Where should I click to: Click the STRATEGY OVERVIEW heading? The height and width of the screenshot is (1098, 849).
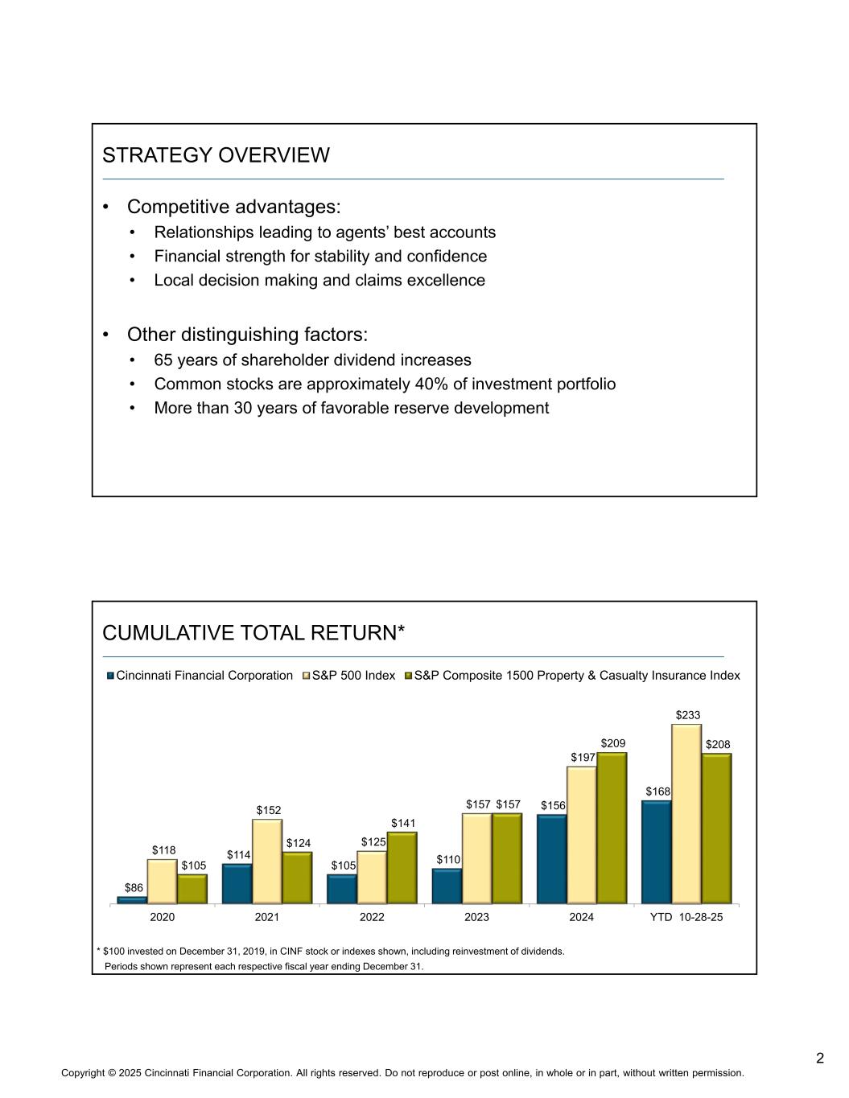pyautogui.click(x=216, y=155)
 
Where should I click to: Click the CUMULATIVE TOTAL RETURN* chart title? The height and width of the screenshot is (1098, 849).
pyautogui.click(x=253, y=634)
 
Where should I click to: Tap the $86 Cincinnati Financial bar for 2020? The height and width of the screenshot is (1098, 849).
pyautogui.click(x=132, y=900)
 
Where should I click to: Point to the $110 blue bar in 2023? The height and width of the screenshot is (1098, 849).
pyautogui.click(x=447, y=886)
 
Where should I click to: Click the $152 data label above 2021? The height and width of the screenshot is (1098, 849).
pyautogui.click(x=269, y=809)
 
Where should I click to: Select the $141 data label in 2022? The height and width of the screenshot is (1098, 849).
pyautogui.click(x=404, y=823)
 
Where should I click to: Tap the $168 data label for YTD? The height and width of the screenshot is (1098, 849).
pyautogui.click(x=657, y=792)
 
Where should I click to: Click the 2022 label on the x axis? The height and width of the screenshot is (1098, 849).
pyautogui.click(x=372, y=918)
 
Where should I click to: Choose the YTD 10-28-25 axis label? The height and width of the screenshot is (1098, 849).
pyautogui.click(x=686, y=918)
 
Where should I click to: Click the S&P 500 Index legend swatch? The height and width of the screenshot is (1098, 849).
pyautogui.click(x=306, y=676)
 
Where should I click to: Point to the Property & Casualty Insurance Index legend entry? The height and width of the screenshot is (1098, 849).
pyautogui.click(x=576, y=676)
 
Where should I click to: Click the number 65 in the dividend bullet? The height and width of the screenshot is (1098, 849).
pyautogui.click(x=163, y=360)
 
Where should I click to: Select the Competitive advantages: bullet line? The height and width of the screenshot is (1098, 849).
pyautogui.click(x=233, y=207)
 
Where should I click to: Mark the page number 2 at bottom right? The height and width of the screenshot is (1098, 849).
pyautogui.click(x=819, y=1058)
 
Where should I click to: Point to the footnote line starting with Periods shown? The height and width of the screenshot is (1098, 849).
pyautogui.click(x=265, y=966)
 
